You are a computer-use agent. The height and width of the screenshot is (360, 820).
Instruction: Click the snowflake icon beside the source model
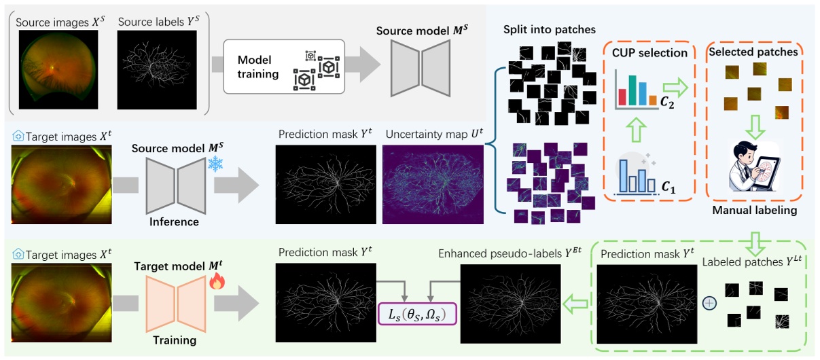point(215,164)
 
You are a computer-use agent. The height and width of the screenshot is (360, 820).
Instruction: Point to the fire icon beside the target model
point(216,280)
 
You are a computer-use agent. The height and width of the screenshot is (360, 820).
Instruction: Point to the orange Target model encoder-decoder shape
point(177,302)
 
